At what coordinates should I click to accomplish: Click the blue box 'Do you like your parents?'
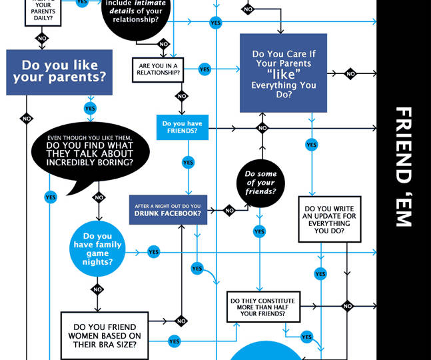point(59,72)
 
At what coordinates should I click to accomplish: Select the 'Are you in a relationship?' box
point(157,69)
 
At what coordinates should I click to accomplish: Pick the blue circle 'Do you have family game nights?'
point(98,249)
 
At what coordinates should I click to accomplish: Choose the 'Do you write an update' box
point(329,219)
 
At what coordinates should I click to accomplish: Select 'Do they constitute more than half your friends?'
point(263,307)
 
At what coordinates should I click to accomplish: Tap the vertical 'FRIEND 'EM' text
point(404,167)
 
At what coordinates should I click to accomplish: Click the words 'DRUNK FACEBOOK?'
point(168,214)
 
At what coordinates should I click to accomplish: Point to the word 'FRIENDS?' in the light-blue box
point(182,131)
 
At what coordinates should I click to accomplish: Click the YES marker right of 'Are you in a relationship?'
point(205,69)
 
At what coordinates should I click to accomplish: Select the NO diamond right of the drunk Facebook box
point(229,211)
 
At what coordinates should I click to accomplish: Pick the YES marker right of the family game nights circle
point(153,252)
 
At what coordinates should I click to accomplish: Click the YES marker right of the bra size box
point(174,341)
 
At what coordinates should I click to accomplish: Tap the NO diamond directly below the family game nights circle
point(98,289)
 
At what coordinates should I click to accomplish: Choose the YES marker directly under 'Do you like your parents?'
point(90,108)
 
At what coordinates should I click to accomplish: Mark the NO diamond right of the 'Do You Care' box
point(350,74)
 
